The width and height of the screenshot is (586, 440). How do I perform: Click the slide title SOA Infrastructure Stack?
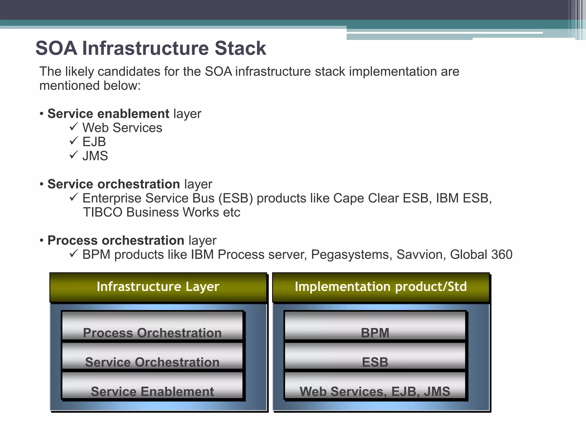point(151,48)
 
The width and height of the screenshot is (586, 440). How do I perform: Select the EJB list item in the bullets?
point(94,142)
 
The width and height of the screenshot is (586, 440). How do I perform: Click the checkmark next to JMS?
point(74,155)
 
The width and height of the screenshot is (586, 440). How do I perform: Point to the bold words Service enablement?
point(108,114)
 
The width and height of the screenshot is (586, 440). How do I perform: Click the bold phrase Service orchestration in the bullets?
point(114,184)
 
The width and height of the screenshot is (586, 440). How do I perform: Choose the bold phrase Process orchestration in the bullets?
point(116,240)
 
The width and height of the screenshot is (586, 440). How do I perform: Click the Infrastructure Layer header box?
point(158,287)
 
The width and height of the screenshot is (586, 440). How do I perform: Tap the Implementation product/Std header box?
point(381,287)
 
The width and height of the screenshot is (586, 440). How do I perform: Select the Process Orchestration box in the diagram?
point(152,326)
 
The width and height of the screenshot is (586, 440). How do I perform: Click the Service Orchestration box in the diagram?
point(152,356)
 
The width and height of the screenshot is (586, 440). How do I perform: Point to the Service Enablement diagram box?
point(152,386)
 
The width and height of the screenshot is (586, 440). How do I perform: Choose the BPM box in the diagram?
point(375,326)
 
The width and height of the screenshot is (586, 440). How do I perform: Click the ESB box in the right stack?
point(375,356)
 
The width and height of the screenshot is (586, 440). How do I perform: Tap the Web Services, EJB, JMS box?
point(375,386)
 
